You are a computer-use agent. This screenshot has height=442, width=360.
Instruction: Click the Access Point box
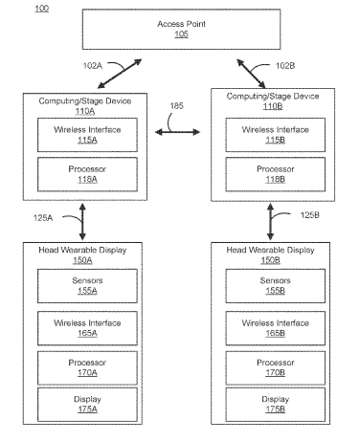click(181, 29)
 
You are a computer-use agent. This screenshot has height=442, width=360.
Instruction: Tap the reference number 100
click(41, 9)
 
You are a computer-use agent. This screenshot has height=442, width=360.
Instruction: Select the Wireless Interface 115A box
click(87, 135)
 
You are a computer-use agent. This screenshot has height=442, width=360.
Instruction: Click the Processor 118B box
click(276, 174)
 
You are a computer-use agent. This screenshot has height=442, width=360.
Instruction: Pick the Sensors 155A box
click(87, 286)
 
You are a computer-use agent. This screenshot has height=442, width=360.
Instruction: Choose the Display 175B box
click(276, 405)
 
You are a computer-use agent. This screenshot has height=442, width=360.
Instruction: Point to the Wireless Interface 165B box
click(276, 328)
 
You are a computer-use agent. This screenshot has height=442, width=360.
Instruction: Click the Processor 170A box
click(87, 367)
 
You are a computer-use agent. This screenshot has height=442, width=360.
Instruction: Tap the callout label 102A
click(93, 66)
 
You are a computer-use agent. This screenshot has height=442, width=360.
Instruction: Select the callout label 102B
click(285, 66)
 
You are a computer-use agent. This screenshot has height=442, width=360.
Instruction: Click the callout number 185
click(176, 106)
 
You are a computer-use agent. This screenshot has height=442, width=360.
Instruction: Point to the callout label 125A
click(43, 218)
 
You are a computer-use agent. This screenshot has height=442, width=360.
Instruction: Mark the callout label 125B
click(309, 215)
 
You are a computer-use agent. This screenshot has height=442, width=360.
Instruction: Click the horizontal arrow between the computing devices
click(177, 132)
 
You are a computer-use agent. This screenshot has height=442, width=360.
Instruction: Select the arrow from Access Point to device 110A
click(120, 74)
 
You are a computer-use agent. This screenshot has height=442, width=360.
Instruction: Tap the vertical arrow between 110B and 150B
click(270, 222)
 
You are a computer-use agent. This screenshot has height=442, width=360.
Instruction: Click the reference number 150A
click(82, 260)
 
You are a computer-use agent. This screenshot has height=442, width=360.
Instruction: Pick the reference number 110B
click(273, 106)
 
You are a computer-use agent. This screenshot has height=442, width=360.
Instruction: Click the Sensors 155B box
click(276, 286)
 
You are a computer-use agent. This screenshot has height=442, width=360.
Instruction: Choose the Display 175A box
click(87, 405)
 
